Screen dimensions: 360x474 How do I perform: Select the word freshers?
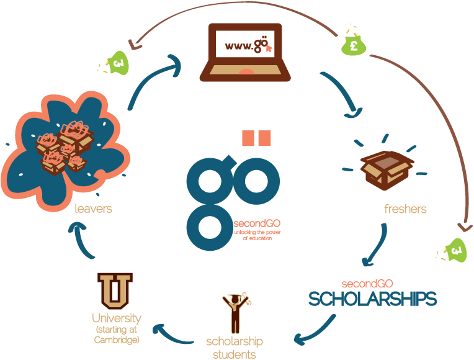(405, 209)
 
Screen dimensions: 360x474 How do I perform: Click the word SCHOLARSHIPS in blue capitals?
(372, 299)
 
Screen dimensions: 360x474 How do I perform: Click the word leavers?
(93, 209)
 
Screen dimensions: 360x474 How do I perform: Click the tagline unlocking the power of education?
(253, 235)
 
